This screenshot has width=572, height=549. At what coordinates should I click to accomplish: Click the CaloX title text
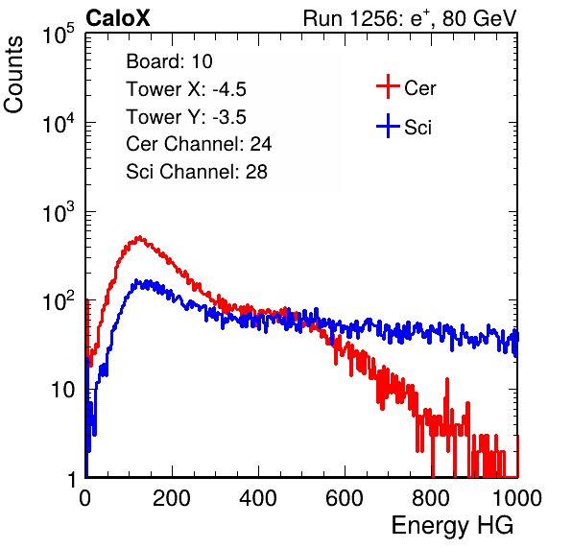point(117,18)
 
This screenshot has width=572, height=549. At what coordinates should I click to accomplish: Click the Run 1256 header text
point(410,18)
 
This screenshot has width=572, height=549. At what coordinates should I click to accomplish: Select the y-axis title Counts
point(13,75)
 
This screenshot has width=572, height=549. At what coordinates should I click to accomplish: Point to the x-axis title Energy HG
point(452,526)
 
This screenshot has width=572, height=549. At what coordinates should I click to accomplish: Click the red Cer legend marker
point(388,86)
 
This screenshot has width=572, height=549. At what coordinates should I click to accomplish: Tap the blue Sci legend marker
point(388,126)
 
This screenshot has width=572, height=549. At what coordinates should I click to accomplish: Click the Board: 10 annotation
point(169,61)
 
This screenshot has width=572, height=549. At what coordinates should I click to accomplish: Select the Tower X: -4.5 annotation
point(186,89)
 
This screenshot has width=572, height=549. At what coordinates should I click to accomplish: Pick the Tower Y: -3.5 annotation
point(186,117)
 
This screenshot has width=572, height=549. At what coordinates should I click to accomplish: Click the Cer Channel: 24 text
point(199,144)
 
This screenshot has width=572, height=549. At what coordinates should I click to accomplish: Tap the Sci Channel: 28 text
point(197,172)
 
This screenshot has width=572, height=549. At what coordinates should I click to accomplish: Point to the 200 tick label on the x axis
point(172,498)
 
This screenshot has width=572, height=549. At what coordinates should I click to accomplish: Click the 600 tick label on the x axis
point(345,498)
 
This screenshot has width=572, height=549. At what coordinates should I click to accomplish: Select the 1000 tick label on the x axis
point(517,498)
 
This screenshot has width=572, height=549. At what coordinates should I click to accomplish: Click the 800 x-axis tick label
point(431,498)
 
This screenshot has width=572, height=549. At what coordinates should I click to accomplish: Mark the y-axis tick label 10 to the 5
point(59,34)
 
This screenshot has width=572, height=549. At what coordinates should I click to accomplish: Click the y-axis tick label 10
point(62,390)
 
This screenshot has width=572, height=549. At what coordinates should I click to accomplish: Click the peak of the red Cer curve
point(139,237)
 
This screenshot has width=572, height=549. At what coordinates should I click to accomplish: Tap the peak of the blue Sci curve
point(136,280)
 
